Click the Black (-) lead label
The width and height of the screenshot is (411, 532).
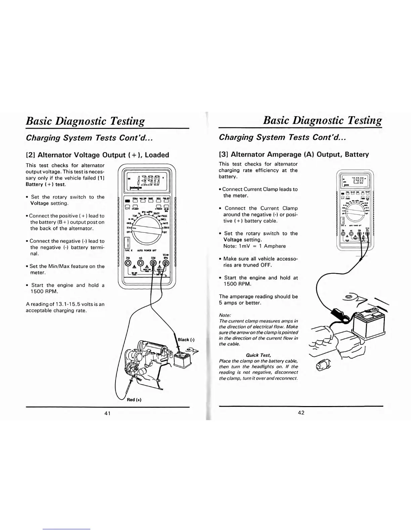[186, 340]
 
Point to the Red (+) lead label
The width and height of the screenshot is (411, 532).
[134, 400]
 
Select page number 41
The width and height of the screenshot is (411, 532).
[107, 413]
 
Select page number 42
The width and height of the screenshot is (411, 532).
[301, 413]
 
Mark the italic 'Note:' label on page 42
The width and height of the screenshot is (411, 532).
[225, 315]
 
